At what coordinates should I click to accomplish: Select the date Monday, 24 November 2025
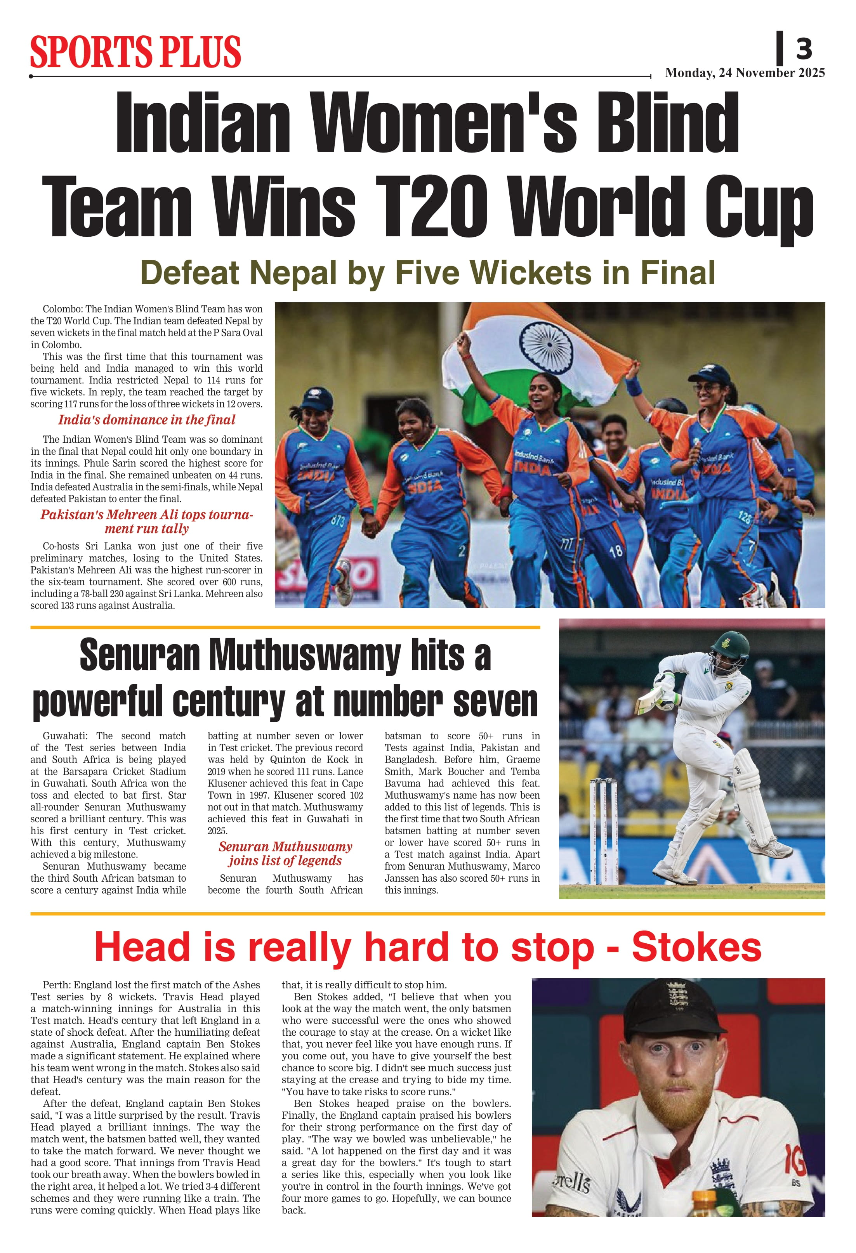coord(744,73)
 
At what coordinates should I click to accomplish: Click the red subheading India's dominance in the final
coord(147,419)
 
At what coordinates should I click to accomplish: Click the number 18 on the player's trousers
coord(615,551)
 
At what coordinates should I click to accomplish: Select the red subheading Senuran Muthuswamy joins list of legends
coord(285,853)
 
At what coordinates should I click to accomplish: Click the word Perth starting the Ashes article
coord(56,985)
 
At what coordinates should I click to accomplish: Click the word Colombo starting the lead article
coord(62,309)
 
